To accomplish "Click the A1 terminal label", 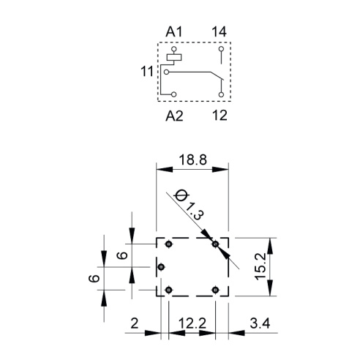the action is (x=174, y=31).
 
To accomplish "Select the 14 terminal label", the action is (x=219, y=31).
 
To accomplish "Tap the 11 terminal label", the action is (x=147, y=72).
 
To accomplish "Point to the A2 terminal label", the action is (x=174, y=116).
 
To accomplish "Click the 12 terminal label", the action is (x=220, y=116).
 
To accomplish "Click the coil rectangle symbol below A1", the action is (x=174, y=57).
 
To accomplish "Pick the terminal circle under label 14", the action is (x=221, y=49).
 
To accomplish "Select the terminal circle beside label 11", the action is (x=166, y=72).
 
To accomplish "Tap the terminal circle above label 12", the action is (x=221, y=94).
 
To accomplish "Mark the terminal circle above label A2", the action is (x=174, y=94).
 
